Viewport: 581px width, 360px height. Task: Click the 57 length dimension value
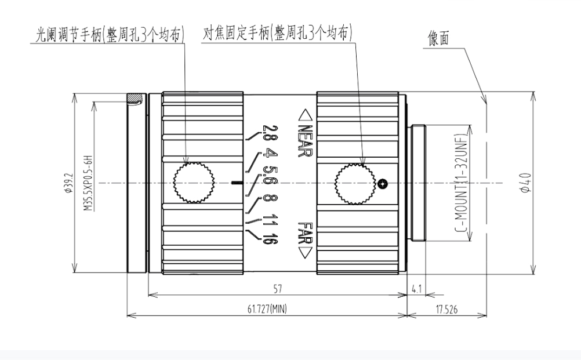[x=277, y=288]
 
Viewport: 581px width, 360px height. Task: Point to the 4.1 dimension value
[x=416, y=288]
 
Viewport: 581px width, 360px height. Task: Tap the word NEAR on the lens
[x=305, y=134]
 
